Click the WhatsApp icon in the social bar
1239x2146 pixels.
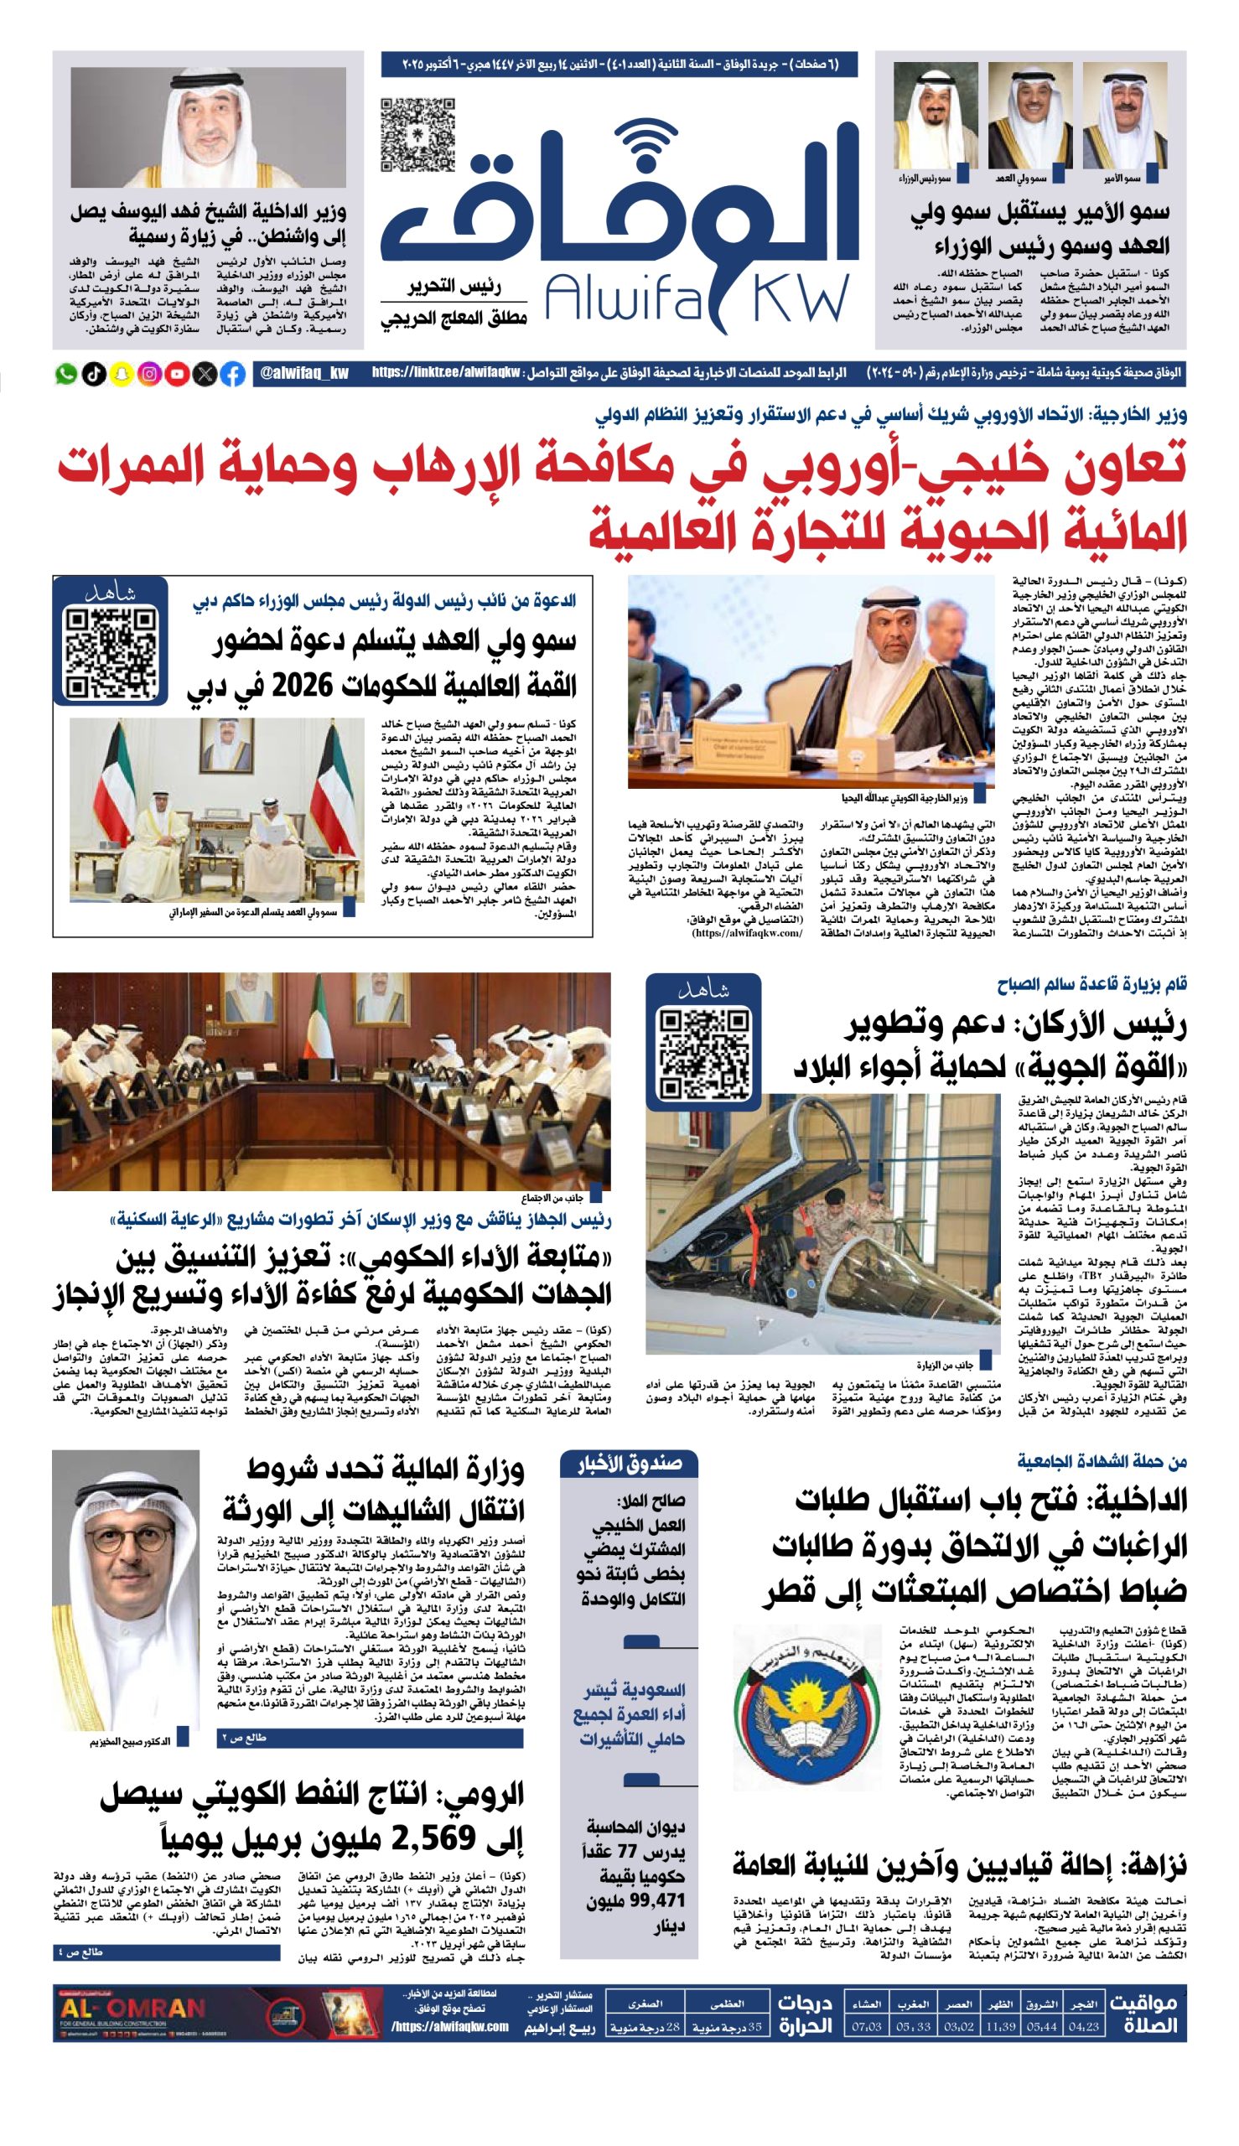[x=65, y=374]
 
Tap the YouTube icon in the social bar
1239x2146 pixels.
[x=177, y=374]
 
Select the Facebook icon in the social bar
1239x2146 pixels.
[x=232, y=374]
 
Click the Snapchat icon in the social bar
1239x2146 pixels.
[x=122, y=374]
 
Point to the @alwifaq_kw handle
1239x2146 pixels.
[x=304, y=374]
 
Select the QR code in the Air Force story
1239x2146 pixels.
[x=703, y=1055]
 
